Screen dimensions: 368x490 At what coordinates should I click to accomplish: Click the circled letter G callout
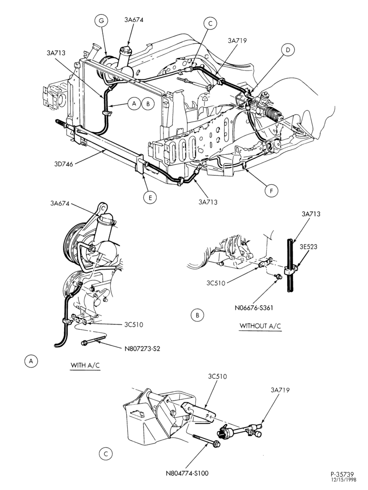point(100,21)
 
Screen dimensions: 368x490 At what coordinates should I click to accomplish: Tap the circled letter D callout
point(288,50)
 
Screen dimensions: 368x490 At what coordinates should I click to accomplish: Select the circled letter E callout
point(150,197)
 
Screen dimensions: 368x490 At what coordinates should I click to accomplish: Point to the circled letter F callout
point(271,191)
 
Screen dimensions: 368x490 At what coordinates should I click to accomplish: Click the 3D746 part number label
point(63,164)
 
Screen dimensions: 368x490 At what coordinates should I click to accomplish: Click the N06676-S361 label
point(254,308)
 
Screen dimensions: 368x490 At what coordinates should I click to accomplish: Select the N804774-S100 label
point(187,473)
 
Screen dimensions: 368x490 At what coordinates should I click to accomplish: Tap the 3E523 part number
point(309,246)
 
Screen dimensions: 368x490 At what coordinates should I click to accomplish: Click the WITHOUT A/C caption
point(260,326)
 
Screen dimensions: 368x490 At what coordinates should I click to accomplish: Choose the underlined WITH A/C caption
point(85,365)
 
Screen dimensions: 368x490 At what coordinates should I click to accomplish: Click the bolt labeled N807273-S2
point(94,340)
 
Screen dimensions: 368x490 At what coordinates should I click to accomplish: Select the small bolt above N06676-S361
point(276,276)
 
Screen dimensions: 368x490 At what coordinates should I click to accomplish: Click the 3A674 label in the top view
point(134,20)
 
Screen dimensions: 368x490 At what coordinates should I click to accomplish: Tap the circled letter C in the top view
point(210,23)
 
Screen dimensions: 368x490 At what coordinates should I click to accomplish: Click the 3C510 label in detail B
point(216,283)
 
